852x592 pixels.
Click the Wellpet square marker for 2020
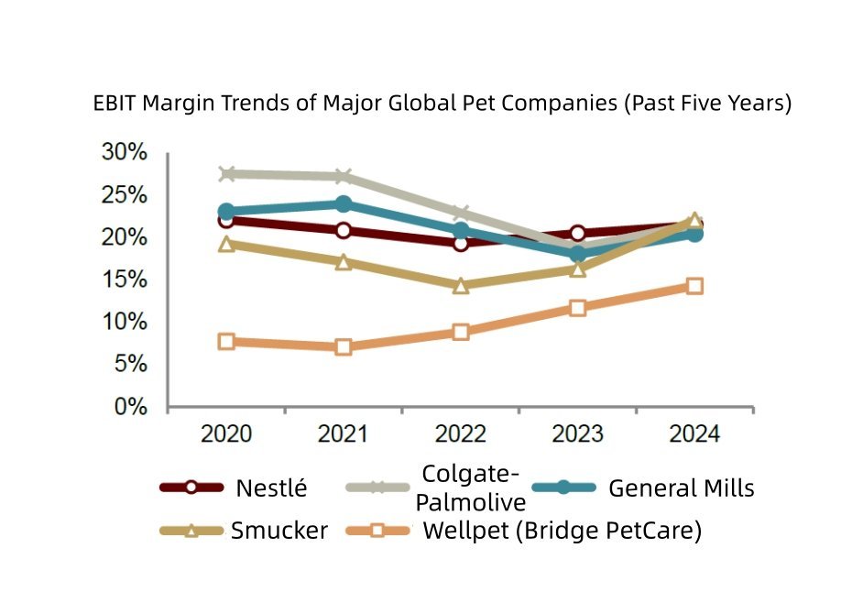click(x=226, y=342)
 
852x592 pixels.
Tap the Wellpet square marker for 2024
click(x=694, y=286)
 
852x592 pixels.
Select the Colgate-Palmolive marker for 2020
click(x=226, y=173)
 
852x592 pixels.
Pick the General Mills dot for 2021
click(x=344, y=203)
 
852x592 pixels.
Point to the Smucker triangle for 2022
click(x=461, y=285)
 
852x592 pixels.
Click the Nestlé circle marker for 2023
click(x=578, y=234)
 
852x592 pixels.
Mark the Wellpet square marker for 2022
click(x=461, y=332)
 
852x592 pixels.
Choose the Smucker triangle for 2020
click(x=226, y=244)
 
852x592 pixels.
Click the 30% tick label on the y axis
click(x=123, y=152)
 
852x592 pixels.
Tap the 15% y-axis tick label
click(x=123, y=280)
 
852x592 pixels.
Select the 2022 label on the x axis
click(x=461, y=433)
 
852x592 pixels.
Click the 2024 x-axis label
click(x=694, y=433)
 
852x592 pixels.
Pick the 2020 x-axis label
click(x=226, y=433)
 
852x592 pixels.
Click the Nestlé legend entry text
click(x=271, y=488)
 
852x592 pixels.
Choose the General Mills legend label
click(x=682, y=488)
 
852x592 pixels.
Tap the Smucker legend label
click(x=279, y=531)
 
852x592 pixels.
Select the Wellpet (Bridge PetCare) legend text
click(x=562, y=531)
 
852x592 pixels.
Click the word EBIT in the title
click(x=115, y=103)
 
